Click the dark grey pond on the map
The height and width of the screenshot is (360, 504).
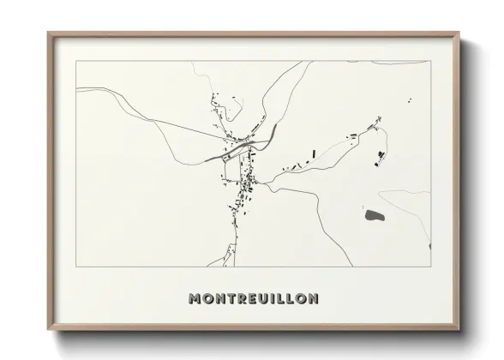point(374,215)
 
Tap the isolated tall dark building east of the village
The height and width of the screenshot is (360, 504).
point(314,154)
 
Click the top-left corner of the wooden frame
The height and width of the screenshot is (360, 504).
point(48,33)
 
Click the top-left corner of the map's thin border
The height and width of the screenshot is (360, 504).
point(75,61)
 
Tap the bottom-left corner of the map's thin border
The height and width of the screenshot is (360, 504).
point(75,267)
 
